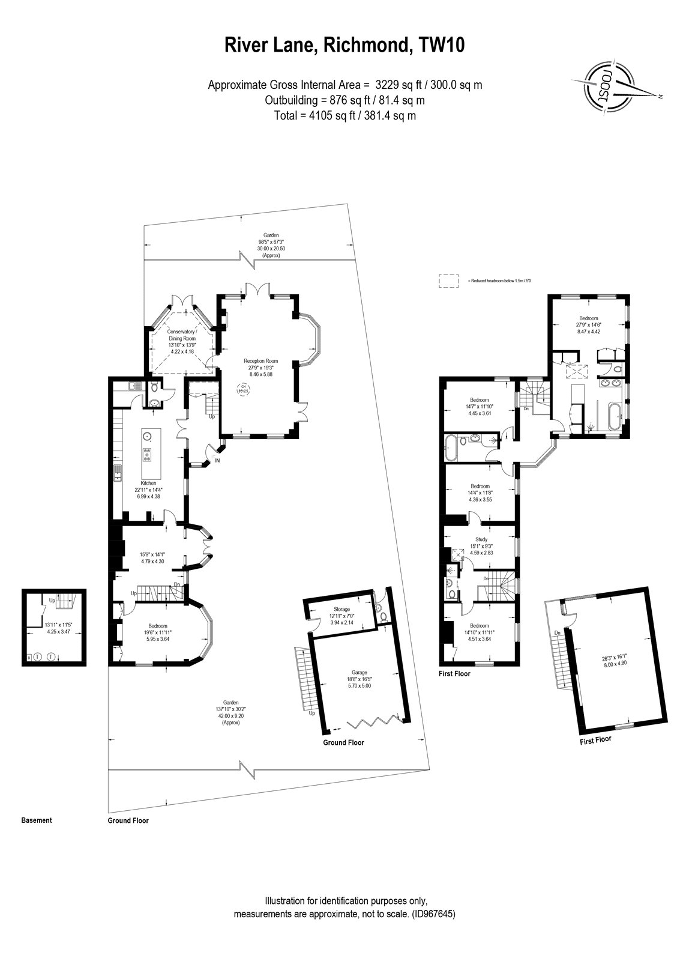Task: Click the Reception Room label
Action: pos(259,360)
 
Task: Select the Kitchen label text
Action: pos(148,483)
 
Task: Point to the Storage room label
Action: pos(341,609)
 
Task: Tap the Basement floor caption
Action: pos(37,820)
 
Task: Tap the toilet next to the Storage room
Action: pos(379,607)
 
